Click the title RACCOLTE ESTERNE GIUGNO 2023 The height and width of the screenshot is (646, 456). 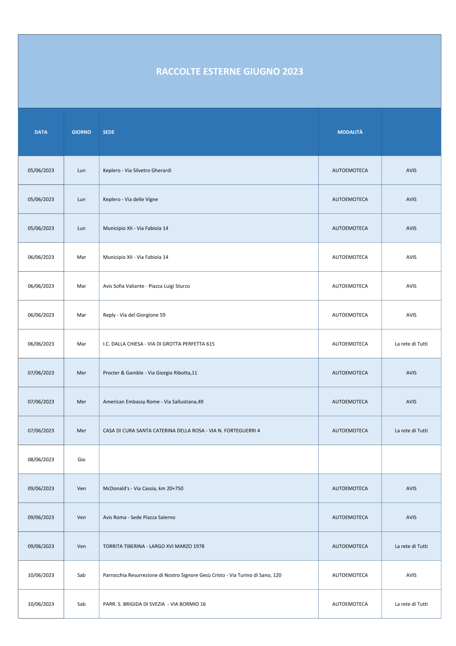coord(229,72)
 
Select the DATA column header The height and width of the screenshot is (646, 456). coord(41,132)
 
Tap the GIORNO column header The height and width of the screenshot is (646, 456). coord(81,132)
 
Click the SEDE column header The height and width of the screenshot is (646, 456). coord(109,132)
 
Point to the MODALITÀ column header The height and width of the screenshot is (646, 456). coord(350,132)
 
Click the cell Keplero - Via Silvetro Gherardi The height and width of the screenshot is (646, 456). coord(137,171)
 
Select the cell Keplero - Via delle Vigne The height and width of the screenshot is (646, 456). coord(130,200)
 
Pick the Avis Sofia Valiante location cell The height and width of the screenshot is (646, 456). coord(146,286)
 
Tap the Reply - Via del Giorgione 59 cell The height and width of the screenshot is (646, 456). coord(134,315)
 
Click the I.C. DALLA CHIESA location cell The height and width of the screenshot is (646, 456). coord(159,344)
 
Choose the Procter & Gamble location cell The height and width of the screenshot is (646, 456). coord(150,373)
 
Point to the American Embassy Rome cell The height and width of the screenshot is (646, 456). coord(153,402)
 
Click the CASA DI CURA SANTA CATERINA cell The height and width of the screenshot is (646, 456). coord(181,431)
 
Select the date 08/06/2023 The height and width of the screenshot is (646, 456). coord(41,460)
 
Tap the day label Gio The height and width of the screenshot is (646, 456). coord(81,460)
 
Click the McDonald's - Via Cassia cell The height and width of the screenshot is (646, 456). coord(143,488)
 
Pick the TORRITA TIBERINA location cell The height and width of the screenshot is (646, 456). coord(154,546)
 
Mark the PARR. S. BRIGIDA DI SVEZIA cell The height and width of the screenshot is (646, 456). coord(154,604)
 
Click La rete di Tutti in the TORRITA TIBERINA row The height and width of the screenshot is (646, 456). coord(411,546)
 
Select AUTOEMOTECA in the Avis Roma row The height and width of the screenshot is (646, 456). coord(350,518)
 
